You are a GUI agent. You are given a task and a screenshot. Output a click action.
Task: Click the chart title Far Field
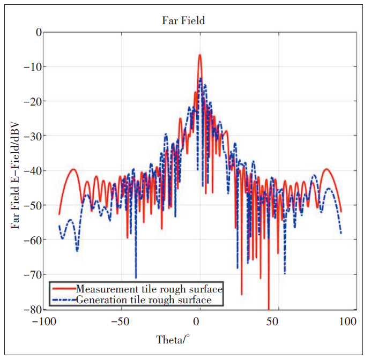tap(184, 21)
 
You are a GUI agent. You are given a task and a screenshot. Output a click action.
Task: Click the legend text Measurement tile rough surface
tap(149, 289)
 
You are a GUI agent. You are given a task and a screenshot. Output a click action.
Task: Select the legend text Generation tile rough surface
tap(144, 299)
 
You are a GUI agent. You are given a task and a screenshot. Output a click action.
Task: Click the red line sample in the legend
tap(63, 289)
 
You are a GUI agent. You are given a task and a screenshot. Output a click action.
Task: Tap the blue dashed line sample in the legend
tap(63, 299)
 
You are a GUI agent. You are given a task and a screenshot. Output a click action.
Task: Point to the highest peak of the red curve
tap(200, 55)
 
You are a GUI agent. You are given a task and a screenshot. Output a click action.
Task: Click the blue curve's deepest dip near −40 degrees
tap(136, 277)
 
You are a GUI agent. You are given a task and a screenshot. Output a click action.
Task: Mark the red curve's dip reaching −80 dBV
tap(268, 308)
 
